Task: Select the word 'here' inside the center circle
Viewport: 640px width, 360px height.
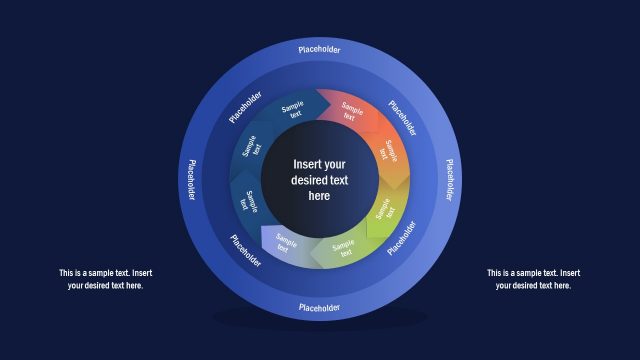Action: click(319, 196)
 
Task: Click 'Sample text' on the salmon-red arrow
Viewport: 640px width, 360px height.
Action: click(350, 111)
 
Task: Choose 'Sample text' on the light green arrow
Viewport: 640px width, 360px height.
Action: click(345, 247)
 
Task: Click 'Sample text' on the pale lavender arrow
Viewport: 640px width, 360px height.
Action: click(286, 243)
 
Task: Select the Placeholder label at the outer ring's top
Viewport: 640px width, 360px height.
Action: click(319, 49)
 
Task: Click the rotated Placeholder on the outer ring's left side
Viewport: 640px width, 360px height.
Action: click(190, 179)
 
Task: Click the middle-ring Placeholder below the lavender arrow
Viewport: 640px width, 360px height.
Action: click(246, 250)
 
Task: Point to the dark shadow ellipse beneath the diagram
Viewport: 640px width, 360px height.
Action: click(319, 319)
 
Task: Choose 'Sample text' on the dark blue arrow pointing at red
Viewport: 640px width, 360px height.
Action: click(292, 110)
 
